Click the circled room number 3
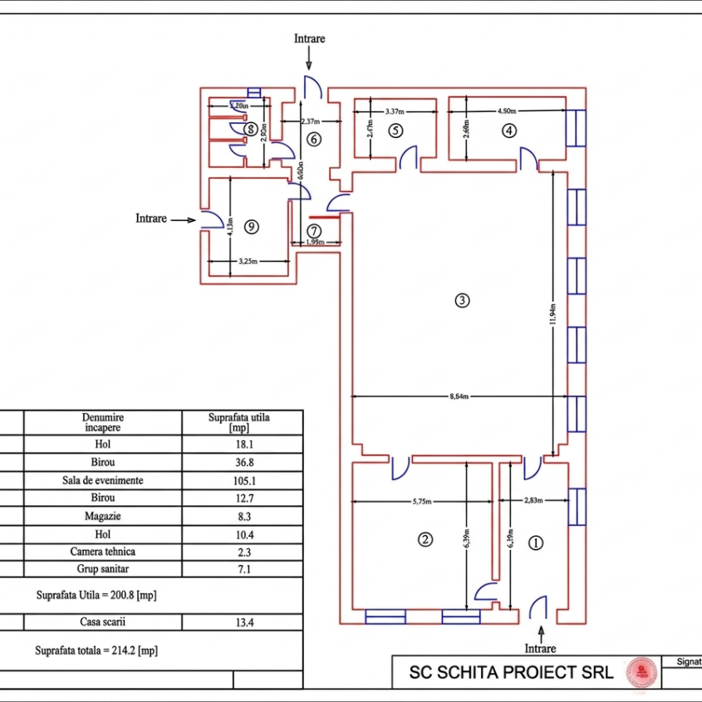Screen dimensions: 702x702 click(x=463, y=300)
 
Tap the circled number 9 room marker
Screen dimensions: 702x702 click(x=253, y=226)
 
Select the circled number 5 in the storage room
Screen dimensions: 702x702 click(x=395, y=130)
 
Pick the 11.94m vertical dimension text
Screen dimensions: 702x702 click(x=552, y=316)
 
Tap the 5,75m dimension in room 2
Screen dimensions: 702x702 click(x=424, y=501)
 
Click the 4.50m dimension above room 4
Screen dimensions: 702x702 click(x=507, y=110)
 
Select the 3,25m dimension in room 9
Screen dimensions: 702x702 click(x=248, y=261)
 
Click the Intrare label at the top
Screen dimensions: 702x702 click(x=309, y=38)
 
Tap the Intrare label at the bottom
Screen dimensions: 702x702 click(x=540, y=648)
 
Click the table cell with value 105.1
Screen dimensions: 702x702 click(x=242, y=480)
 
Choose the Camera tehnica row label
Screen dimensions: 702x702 click(x=102, y=552)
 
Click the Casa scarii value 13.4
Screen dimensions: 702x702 click(x=242, y=621)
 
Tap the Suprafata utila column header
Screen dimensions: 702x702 click(x=242, y=422)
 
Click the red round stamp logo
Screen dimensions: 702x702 click(x=640, y=671)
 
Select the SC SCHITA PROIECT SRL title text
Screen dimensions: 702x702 click(x=511, y=672)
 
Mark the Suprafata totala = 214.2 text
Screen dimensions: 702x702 click(x=96, y=651)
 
